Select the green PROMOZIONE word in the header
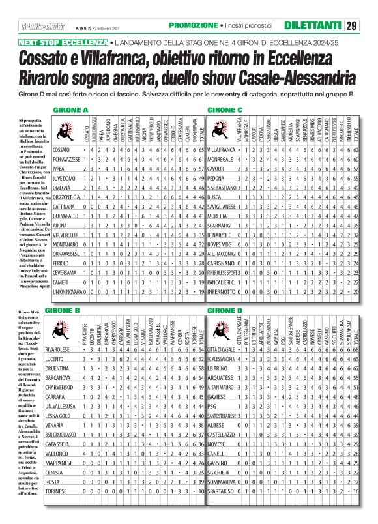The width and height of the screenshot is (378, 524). point(192,25)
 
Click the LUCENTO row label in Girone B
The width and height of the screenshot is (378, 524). point(58,360)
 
